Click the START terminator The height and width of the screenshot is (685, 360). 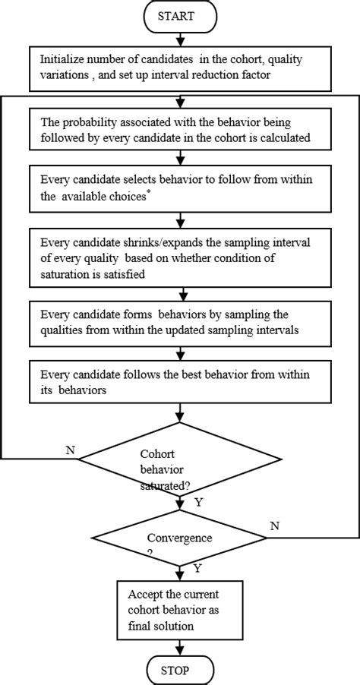point(180,14)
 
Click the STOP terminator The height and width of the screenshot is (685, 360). point(180,671)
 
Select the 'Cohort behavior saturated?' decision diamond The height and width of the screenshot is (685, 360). point(179,459)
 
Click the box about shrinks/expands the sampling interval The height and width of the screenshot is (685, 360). point(180,257)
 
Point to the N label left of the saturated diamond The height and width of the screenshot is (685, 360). point(70,450)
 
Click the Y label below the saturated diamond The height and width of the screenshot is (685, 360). point(199,502)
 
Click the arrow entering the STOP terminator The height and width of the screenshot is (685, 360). point(180,647)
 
